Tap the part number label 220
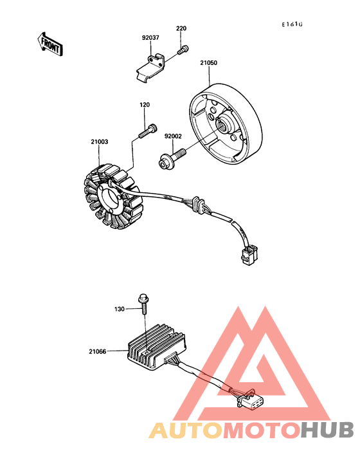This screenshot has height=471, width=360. coord(181,29)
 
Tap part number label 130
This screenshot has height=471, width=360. coord(120,309)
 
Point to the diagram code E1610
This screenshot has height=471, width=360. coord(291,24)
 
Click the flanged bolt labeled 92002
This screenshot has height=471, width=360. coord(171,156)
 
